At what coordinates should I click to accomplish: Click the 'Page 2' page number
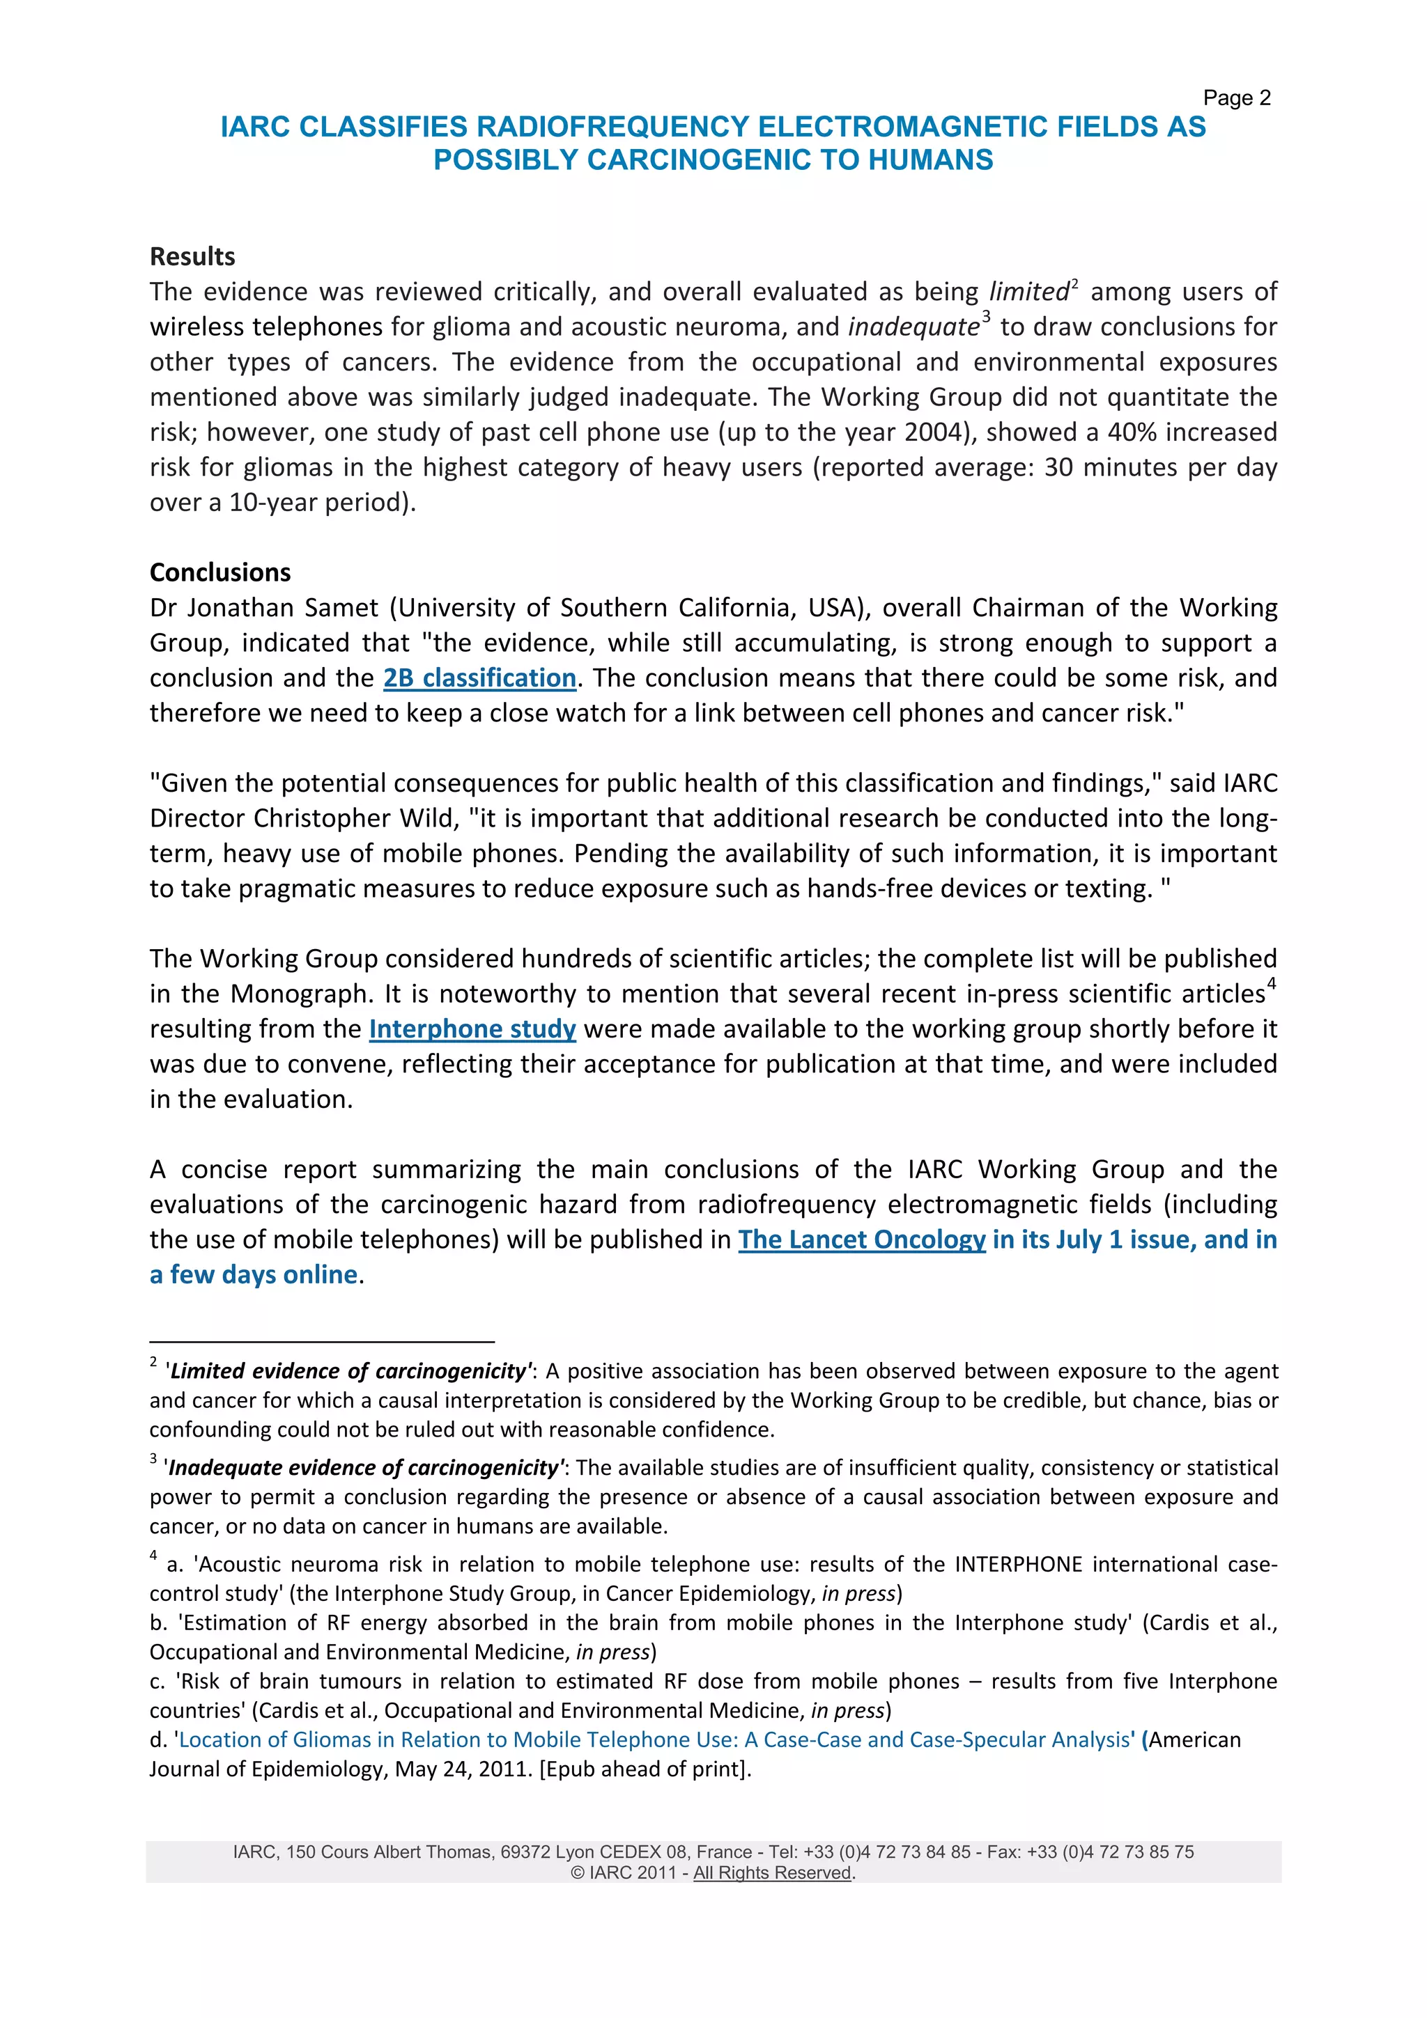(x=1236, y=97)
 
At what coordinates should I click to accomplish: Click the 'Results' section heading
(x=192, y=257)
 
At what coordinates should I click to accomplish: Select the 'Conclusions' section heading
(x=219, y=572)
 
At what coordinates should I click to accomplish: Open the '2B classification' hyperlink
(x=479, y=678)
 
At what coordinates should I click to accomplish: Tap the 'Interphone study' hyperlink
(x=472, y=1028)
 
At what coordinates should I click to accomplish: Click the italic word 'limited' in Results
(x=1028, y=292)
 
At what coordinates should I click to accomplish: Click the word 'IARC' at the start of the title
(x=255, y=127)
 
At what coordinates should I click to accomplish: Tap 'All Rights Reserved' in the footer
(x=772, y=1873)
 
